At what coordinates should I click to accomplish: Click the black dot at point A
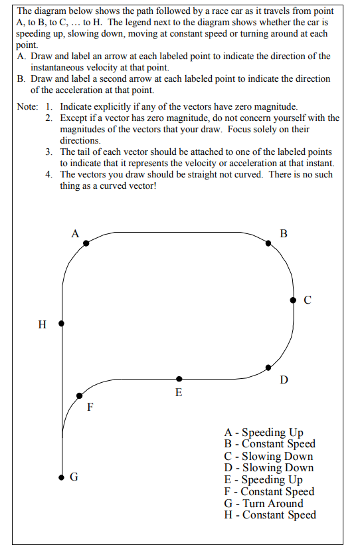[x=86, y=244]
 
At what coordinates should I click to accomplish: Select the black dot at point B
[x=268, y=243]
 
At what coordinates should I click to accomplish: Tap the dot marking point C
[x=293, y=300]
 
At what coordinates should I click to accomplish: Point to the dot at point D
[x=268, y=367]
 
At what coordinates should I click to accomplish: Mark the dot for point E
[x=179, y=378]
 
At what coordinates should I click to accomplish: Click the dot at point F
[x=79, y=395]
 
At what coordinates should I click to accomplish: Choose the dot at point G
[x=62, y=477]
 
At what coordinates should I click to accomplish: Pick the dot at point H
[x=62, y=324]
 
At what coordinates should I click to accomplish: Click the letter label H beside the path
[x=43, y=325]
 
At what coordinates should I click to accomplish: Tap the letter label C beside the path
[x=307, y=300]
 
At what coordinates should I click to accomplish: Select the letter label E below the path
[x=179, y=393]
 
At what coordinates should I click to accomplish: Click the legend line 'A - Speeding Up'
[x=264, y=433]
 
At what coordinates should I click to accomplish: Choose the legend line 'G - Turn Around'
[x=264, y=503]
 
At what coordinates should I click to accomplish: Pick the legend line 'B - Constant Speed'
[x=270, y=444]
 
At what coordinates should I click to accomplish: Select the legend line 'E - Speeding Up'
[x=264, y=480]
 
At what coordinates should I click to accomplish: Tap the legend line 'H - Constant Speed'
[x=270, y=515]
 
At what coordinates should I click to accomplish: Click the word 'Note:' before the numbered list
[x=27, y=106]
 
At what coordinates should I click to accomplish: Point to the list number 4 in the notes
[x=49, y=175]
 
